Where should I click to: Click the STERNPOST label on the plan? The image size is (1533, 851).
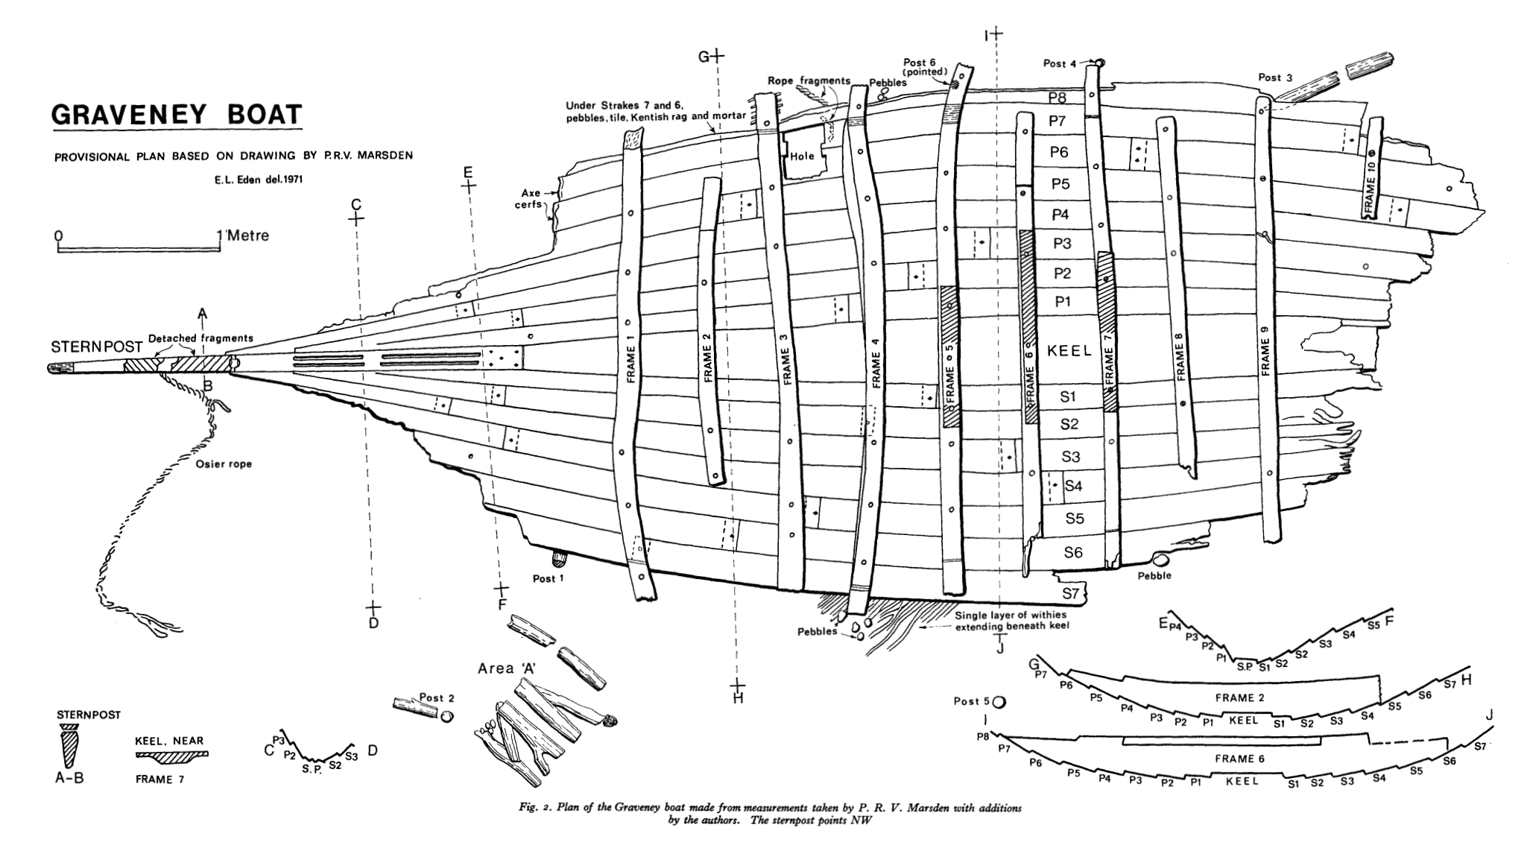[x=97, y=347]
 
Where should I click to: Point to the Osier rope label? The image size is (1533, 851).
[x=224, y=464]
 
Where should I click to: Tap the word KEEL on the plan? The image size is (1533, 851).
[x=1069, y=351]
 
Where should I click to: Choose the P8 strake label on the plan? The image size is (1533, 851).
[x=1058, y=98]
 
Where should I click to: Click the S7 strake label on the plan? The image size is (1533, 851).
[x=1070, y=593]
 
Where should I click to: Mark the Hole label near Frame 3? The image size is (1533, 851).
[x=803, y=156]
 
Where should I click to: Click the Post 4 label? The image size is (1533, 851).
[x=1059, y=64]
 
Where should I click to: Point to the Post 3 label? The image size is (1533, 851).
[x=1275, y=77]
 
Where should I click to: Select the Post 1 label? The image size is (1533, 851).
[x=549, y=579]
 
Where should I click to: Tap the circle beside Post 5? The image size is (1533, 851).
[x=999, y=701]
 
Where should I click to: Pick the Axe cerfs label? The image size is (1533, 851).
[x=528, y=199]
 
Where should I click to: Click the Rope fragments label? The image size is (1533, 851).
[x=809, y=80]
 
